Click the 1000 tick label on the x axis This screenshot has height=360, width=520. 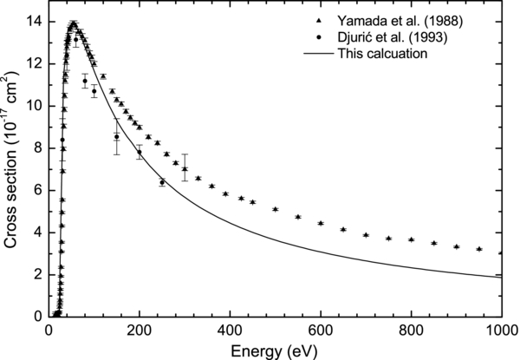tap(500, 330)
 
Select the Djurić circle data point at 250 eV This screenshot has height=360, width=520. tap(162, 182)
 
